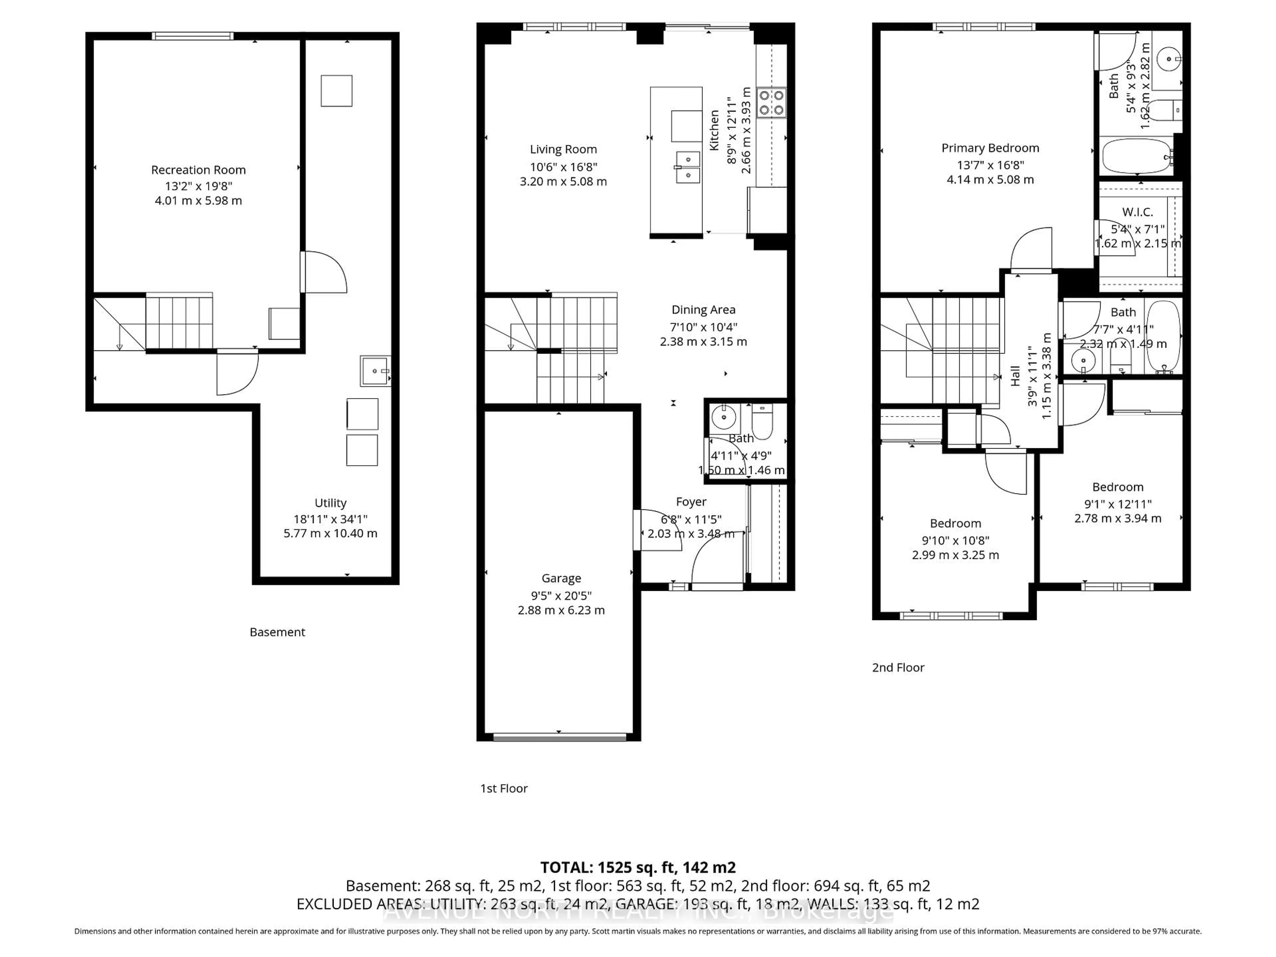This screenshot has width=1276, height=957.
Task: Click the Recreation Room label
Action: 198,169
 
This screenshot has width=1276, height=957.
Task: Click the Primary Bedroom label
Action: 990,148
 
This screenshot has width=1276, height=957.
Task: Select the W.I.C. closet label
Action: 1137,212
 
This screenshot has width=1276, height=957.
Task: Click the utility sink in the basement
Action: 375,371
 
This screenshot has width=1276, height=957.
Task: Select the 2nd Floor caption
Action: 898,668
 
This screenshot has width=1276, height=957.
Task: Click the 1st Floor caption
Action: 504,788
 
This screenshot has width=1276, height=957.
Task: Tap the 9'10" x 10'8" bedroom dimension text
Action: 955,541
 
